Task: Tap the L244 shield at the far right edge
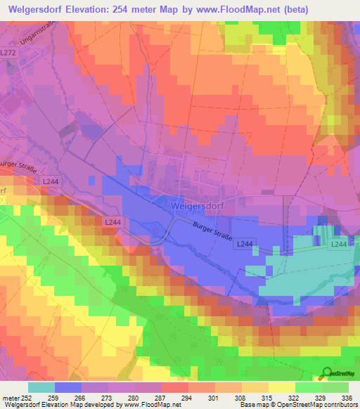pos(339,244)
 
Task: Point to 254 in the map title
pos(138,6)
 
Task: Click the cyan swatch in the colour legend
pos(41,387)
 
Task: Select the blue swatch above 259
pos(68,387)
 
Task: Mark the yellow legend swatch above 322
pos(281,387)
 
